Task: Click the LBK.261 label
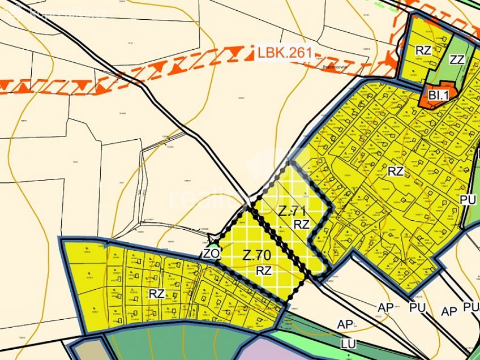tap(285, 53)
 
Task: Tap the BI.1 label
tap(438, 95)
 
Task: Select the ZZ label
tap(457, 59)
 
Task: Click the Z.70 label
tap(256, 256)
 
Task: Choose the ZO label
tap(211, 254)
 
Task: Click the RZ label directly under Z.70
tap(264, 270)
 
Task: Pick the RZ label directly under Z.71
tap(301, 224)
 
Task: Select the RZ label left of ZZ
tap(423, 50)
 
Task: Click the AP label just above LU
tap(345, 325)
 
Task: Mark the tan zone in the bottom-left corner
tap(88, 350)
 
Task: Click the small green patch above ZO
tap(215, 244)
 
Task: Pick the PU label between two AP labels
tap(417, 308)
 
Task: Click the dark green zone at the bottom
tap(170, 345)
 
